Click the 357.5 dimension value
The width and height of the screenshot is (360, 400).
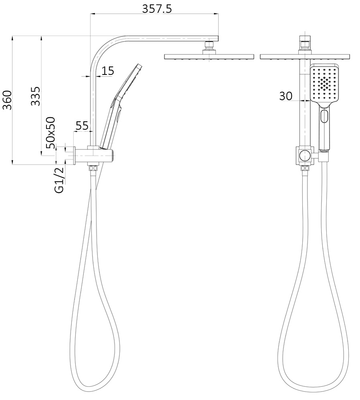[157, 9]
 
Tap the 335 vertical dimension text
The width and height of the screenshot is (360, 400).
[36, 96]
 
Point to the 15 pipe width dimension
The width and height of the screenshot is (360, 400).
[107, 71]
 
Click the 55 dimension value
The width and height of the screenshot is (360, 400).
[82, 126]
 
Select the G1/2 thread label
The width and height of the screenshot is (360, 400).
[59, 181]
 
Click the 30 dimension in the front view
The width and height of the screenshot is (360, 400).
[285, 96]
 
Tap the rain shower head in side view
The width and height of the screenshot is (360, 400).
[209, 57]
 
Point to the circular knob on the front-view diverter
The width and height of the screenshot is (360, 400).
[305, 156]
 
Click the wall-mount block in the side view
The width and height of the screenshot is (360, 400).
[94, 155]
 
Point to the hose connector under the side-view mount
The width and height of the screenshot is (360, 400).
[93, 168]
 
